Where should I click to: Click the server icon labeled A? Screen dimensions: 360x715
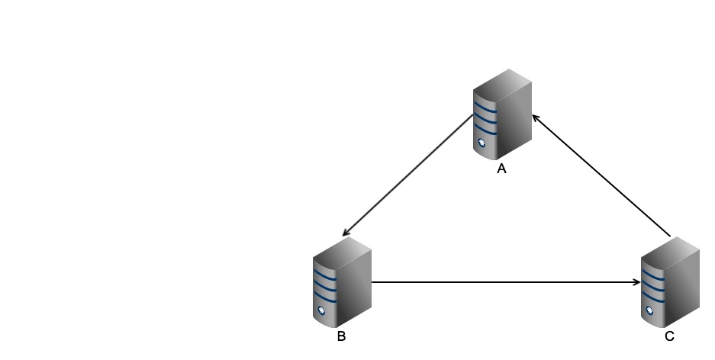[x=501, y=114]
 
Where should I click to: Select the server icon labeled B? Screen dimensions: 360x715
[x=341, y=282]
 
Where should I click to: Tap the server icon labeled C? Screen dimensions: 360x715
[x=669, y=282]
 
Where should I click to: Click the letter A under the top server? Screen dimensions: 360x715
[x=501, y=169]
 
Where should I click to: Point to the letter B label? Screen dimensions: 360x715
[x=341, y=336]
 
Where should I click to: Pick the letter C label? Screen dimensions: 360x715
[x=669, y=336]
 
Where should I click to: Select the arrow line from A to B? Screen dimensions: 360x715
[x=408, y=175]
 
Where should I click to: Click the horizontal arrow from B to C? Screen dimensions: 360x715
[x=504, y=282]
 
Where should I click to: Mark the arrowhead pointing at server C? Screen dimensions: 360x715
[x=636, y=282]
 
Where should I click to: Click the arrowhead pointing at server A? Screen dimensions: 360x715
[x=536, y=117]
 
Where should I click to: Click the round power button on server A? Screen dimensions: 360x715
[x=482, y=143]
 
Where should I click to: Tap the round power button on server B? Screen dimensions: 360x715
[x=322, y=310]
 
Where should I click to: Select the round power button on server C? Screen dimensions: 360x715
[x=650, y=310]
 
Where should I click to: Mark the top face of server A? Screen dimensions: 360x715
[x=504, y=79]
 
